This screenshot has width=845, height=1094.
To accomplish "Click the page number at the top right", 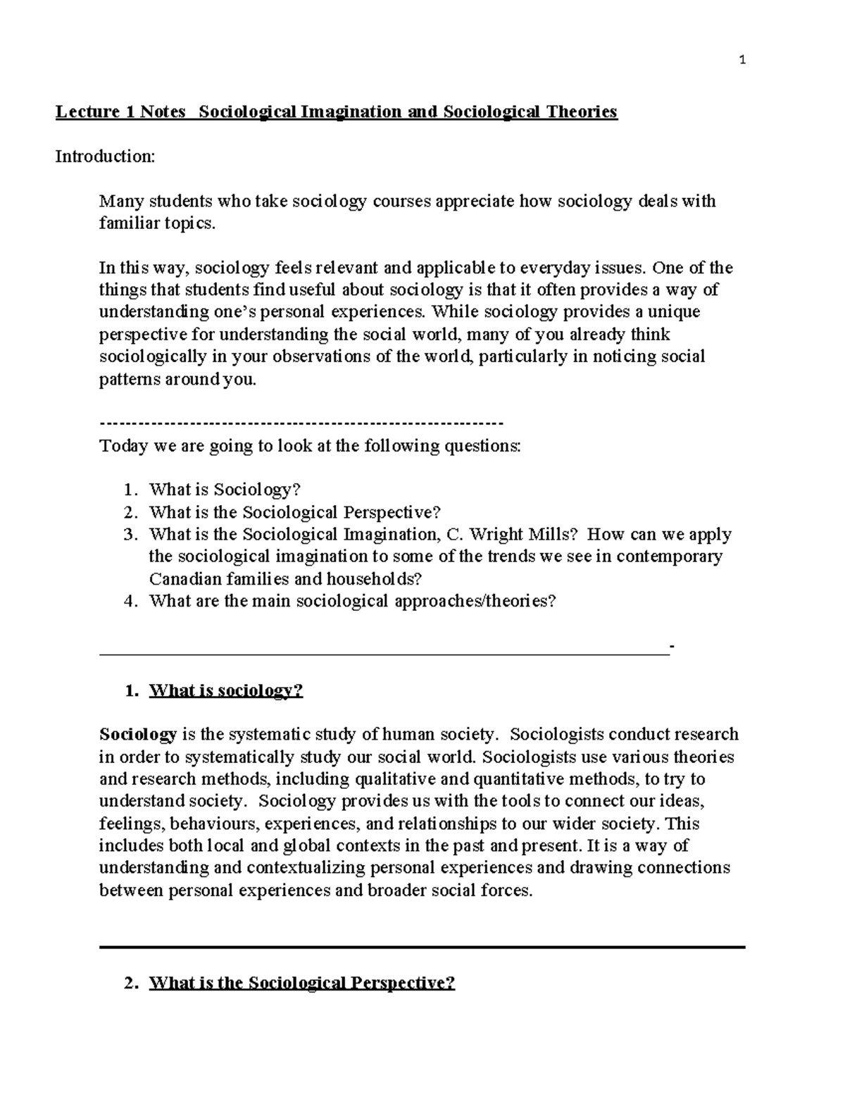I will [x=742, y=60].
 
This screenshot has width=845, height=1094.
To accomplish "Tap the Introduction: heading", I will [x=105, y=156].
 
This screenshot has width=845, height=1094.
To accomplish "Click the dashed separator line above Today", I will [x=301, y=423].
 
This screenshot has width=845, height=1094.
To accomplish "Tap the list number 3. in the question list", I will [x=130, y=535].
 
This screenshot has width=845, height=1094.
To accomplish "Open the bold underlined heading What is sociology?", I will [x=225, y=690].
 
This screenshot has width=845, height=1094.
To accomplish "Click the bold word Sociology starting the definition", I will [x=138, y=735].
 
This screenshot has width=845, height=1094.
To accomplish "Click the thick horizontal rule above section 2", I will [x=423, y=947].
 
